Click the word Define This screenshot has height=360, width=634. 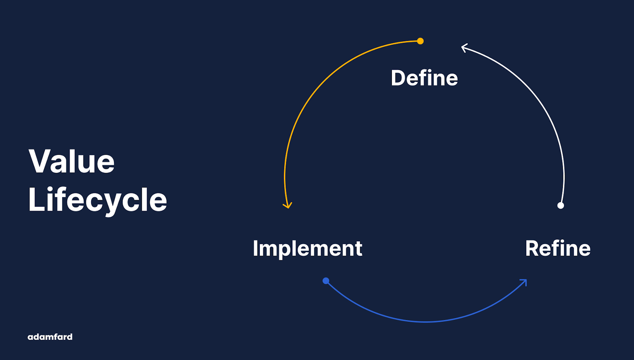coord(424,78)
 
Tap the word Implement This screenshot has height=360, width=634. coord(307,248)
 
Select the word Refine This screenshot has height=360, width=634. coord(558,248)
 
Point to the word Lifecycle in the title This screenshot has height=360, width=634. coord(97,200)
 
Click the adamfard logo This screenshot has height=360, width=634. coord(50,337)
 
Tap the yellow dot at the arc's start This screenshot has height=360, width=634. coord(420,41)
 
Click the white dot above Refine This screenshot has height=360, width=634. coord(560,205)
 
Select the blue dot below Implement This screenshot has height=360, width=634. coord(326,281)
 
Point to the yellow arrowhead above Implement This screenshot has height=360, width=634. coord(287,205)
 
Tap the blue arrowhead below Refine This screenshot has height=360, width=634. coord(523,282)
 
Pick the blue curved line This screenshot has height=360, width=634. coord(426,321)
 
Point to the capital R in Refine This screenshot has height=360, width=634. coord(533,248)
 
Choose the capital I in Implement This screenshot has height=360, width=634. coord(255,248)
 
